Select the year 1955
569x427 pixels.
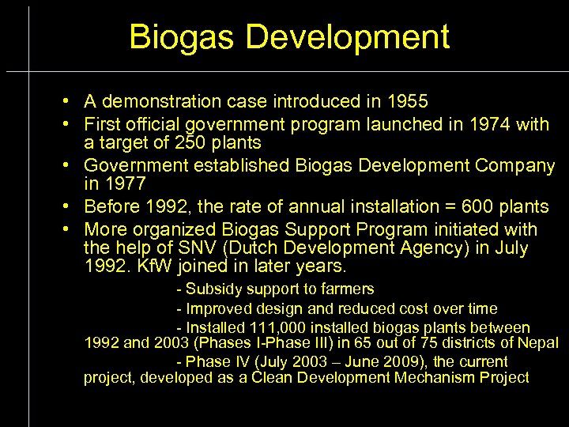(407, 101)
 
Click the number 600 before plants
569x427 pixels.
(484, 206)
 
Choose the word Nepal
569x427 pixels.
(538, 342)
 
